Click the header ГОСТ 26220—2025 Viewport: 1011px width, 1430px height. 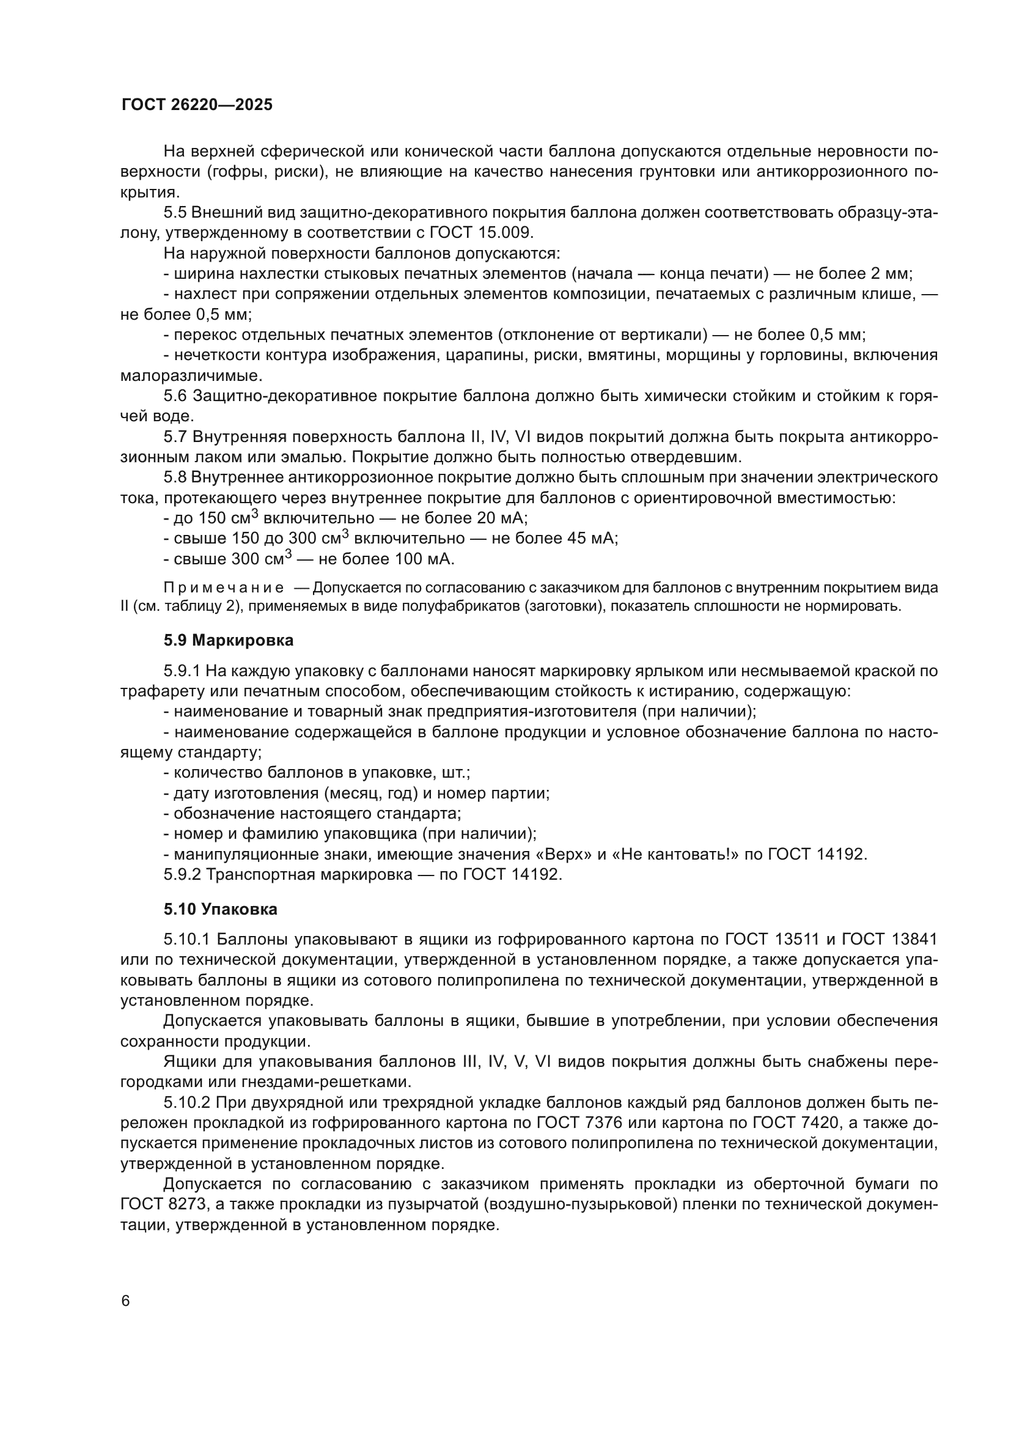(x=197, y=105)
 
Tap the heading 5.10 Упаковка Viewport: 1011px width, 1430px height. (x=221, y=909)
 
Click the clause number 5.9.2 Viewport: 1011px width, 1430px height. (x=182, y=874)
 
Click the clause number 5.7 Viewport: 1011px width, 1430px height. (x=175, y=437)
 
